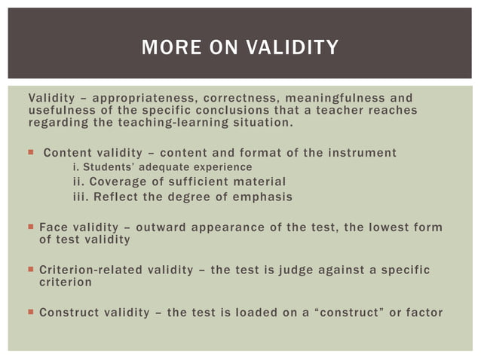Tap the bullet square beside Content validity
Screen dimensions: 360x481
pos(31,153)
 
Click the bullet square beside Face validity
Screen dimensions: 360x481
pos(31,227)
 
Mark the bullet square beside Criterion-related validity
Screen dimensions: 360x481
pos(31,270)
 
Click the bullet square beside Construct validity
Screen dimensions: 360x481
pos(31,313)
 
